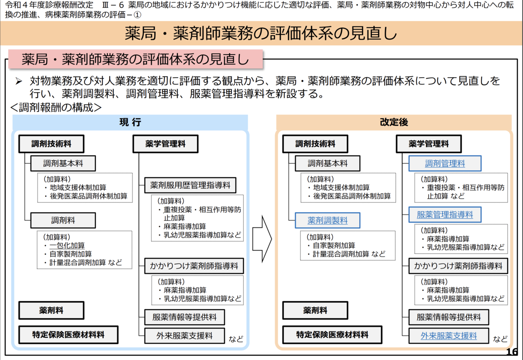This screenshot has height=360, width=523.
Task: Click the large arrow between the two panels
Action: click(x=262, y=239)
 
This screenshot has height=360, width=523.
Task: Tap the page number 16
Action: click(x=512, y=352)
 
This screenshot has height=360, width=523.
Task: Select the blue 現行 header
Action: click(x=130, y=122)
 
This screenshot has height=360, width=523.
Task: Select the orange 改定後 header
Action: click(x=394, y=122)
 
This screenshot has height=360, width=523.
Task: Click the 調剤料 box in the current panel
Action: click(x=63, y=220)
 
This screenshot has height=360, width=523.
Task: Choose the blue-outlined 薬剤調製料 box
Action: click(x=327, y=220)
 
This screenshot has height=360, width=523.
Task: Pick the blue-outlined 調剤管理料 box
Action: click(x=445, y=163)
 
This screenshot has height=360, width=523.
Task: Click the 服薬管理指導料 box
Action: click(x=445, y=214)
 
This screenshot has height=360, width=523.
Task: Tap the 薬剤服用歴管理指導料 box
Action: click(x=190, y=185)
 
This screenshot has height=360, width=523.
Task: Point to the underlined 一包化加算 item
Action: click(x=67, y=245)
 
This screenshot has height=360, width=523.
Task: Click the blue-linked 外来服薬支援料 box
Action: click(x=448, y=336)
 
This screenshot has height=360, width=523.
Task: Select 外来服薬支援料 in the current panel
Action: click(x=184, y=336)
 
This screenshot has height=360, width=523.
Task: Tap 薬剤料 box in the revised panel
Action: click(x=315, y=310)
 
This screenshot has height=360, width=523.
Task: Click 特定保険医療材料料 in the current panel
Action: click(x=68, y=335)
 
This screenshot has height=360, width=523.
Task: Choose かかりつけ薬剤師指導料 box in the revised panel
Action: click(x=458, y=266)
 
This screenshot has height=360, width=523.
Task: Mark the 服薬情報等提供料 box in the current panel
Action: click(x=184, y=317)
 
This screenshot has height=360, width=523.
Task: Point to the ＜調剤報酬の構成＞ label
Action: click(x=56, y=108)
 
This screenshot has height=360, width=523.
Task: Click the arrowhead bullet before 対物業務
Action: click(x=19, y=81)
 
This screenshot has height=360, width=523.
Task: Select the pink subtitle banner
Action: click(x=136, y=59)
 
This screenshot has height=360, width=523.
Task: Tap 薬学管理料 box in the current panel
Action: click(x=165, y=144)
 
